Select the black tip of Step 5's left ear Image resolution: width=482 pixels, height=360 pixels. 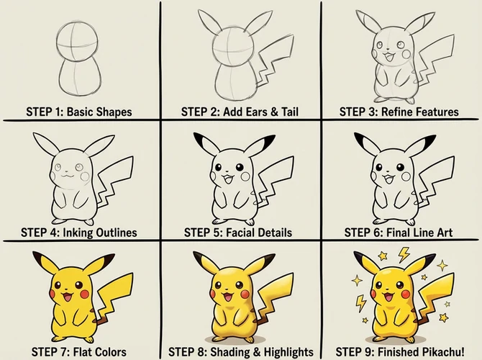point(206,140)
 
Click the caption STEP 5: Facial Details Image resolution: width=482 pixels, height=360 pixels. point(238,233)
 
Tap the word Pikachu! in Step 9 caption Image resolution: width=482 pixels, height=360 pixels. point(449,352)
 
